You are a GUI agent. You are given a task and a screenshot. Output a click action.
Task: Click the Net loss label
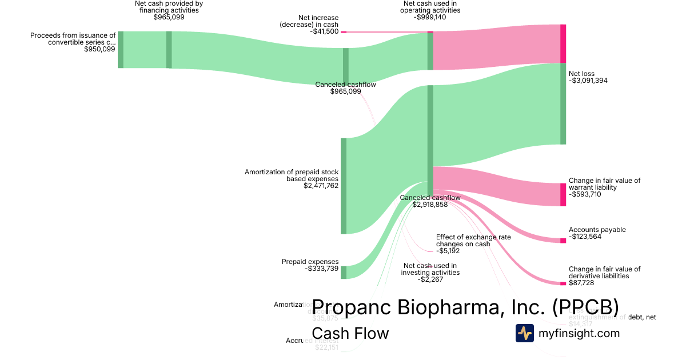(x=581, y=74)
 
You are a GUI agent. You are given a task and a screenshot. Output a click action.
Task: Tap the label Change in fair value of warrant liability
(x=604, y=184)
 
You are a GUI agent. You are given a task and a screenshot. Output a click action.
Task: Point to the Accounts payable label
(x=597, y=230)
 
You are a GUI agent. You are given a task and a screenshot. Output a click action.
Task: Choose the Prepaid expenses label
(x=310, y=262)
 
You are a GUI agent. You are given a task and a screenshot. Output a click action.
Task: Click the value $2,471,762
(x=321, y=186)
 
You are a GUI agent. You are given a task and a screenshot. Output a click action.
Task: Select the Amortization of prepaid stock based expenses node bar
(x=344, y=186)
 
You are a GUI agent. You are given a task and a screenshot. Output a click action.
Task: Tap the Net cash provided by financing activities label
(x=169, y=7)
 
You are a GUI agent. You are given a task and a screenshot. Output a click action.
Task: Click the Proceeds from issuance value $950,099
(x=99, y=49)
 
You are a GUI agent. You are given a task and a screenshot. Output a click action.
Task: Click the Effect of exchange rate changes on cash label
(x=473, y=240)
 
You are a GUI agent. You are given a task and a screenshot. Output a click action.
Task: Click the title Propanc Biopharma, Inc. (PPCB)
(x=465, y=307)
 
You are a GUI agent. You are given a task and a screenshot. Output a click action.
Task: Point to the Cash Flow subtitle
(x=350, y=333)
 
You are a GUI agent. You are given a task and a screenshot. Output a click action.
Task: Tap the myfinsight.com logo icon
(x=524, y=333)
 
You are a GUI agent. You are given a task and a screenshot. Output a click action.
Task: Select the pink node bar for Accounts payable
(x=563, y=241)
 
